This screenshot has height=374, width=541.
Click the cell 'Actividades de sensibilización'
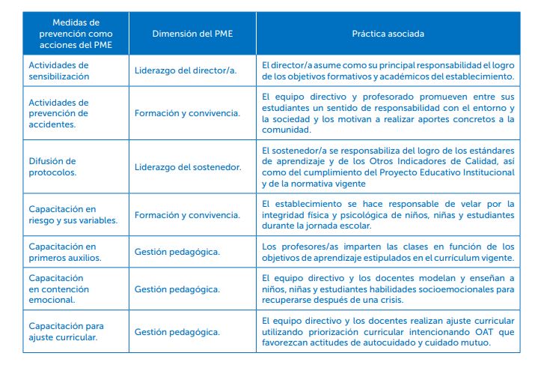58,70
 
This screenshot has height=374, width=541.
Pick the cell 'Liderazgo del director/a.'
185,71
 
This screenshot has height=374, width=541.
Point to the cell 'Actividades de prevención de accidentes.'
58,113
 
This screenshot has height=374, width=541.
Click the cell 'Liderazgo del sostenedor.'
188,167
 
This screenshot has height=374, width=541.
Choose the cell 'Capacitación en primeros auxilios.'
63,252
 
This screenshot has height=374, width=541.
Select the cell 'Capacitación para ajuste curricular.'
66,331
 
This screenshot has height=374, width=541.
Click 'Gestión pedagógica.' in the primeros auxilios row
177,253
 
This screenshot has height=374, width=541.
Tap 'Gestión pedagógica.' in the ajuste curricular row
177,331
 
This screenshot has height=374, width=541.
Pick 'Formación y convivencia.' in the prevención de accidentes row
187,114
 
